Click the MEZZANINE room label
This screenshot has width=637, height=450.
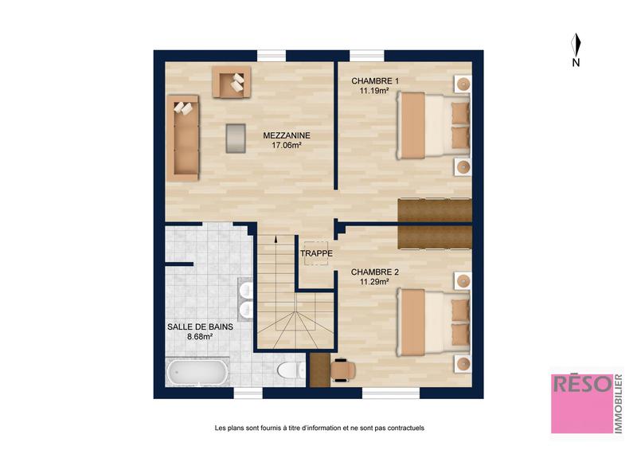287,135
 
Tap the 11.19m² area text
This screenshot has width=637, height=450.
373,92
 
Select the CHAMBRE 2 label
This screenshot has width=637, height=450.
375,272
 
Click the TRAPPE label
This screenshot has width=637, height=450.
316,254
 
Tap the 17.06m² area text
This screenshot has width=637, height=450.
287,146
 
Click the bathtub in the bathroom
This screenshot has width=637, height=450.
197,373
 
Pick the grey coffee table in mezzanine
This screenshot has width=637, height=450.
236,137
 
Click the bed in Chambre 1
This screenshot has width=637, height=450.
434,126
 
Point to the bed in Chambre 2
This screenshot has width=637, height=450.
434,322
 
